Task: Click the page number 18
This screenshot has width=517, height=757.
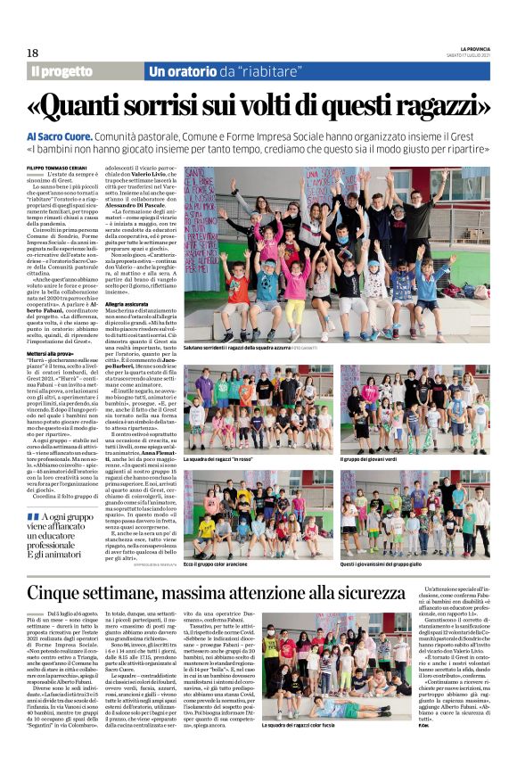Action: (32, 53)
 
